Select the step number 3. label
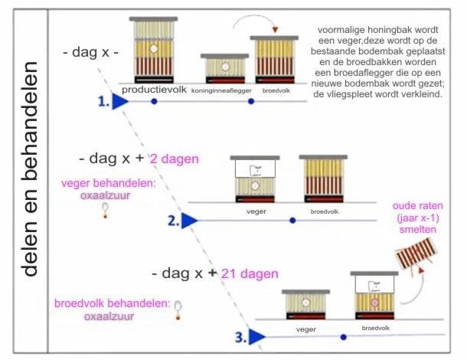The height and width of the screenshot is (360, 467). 240,335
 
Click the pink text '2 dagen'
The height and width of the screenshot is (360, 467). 175,159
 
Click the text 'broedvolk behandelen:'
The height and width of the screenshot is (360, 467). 113,303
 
